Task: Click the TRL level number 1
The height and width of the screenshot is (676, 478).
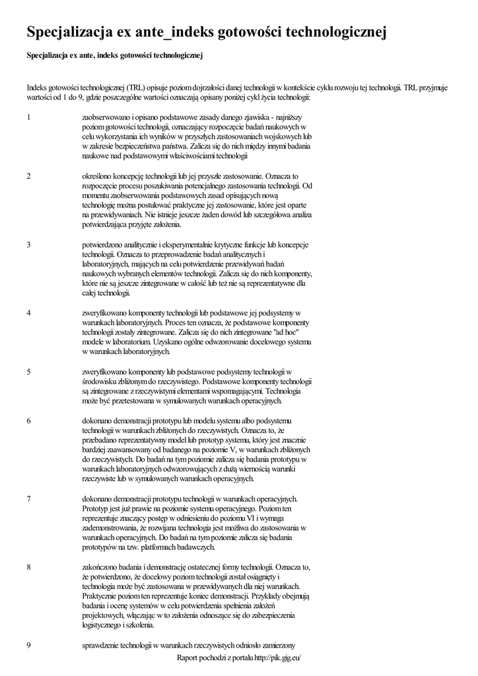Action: pos(29,117)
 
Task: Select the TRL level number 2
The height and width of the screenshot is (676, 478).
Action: pos(29,176)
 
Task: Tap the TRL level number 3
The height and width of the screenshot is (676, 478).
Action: pos(29,244)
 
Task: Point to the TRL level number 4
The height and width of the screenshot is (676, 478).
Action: pos(29,312)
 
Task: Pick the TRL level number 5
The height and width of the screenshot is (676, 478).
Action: pos(29,372)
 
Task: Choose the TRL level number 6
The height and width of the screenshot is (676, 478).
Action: pos(29,421)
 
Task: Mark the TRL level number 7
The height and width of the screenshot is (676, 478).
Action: pos(29,498)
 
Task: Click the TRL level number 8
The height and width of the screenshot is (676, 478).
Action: pos(29,567)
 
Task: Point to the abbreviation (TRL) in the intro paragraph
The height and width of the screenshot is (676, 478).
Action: pos(137,86)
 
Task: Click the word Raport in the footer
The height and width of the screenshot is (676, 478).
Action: pos(189,658)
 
